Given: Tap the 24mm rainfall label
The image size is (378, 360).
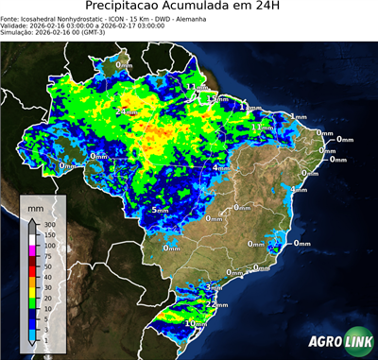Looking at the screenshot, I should tap(125, 111).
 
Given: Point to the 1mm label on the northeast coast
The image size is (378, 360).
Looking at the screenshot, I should tap(299, 116).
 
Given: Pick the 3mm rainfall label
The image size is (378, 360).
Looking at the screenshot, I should tap(214, 286).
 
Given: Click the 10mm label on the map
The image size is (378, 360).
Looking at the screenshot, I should tap(196, 323).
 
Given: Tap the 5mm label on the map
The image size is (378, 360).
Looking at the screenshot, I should tap(161, 209).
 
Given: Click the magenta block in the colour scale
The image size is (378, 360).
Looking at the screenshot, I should tap(31, 250).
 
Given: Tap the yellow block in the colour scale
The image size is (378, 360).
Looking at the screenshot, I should tap(31, 293).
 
